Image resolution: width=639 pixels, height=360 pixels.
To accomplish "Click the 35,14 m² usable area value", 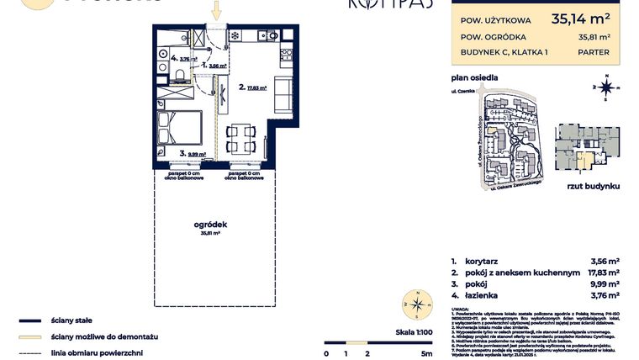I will click(x=580, y=18).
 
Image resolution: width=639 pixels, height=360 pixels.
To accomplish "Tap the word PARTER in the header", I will click(x=594, y=51).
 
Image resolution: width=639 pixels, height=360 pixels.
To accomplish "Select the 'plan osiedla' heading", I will click(x=473, y=78).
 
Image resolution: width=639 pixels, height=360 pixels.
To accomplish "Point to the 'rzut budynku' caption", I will click(x=593, y=184).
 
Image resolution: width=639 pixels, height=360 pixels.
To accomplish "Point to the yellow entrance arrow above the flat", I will click(x=216, y=11).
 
